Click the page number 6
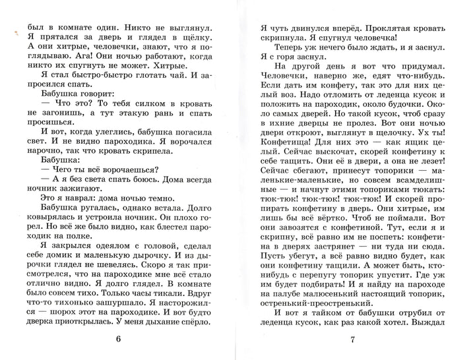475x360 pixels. point(118,340)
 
